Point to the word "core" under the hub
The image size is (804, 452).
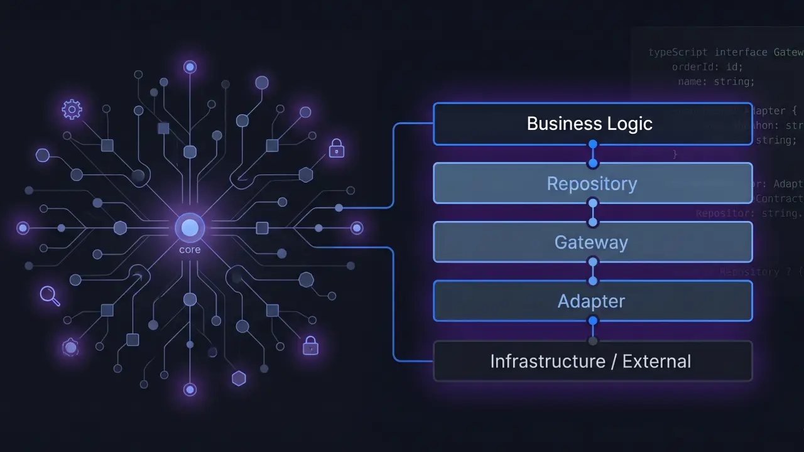coord(190,250)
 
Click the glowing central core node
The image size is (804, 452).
coord(190,228)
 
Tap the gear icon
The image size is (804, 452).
coord(72,110)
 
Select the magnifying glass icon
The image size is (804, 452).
coord(49,295)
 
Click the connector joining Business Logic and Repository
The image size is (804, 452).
coord(592,154)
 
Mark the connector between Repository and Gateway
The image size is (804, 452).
coord(592,213)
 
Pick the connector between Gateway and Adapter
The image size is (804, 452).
coord(592,272)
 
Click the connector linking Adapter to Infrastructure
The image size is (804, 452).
coord(592,331)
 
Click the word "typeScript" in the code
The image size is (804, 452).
coord(678,52)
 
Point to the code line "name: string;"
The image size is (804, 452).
coord(716,82)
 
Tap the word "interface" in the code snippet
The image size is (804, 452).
coord(741,52)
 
